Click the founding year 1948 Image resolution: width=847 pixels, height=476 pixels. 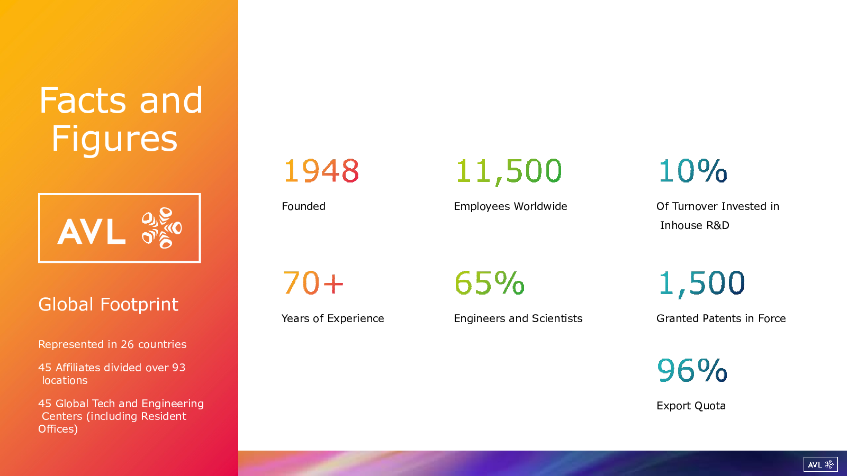321,171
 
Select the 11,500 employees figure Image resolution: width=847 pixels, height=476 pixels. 509,172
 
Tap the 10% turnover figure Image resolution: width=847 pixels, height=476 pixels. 692,170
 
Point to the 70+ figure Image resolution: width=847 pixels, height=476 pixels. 313,282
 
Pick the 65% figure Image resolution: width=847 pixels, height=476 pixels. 489,282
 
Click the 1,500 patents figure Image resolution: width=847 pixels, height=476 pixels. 701,283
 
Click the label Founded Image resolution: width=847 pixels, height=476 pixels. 304,206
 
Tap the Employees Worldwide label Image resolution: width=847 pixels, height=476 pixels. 510,207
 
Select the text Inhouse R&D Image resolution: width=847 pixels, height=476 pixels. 695,225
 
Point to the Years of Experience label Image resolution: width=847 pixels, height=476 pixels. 333,318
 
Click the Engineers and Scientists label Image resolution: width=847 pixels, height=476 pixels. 518,319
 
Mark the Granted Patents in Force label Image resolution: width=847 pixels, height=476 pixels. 721,318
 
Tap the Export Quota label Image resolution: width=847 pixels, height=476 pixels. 691,406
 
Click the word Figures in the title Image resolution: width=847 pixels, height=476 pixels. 114,140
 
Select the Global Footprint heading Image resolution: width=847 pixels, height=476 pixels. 108,305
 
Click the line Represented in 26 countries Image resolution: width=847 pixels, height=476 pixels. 112,344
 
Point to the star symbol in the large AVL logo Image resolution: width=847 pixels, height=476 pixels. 162,228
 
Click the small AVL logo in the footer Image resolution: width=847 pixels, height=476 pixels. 821,464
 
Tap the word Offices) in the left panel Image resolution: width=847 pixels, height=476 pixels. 58,429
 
